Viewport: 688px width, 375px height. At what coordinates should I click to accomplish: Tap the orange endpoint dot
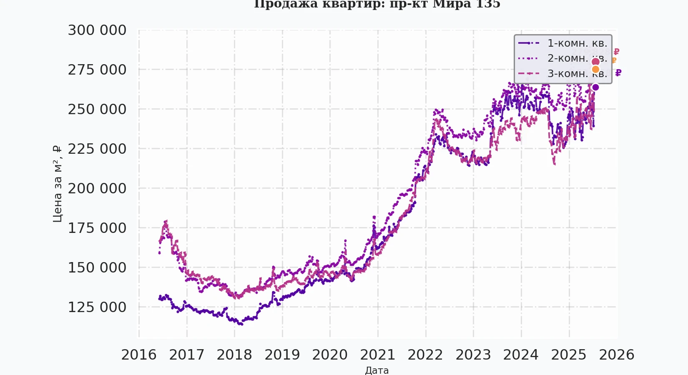click(x=595, y=69)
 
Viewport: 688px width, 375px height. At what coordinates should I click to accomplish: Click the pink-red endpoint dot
click(x=595, y=62)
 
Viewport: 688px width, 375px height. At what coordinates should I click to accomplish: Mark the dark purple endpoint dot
click(x=595, y=87)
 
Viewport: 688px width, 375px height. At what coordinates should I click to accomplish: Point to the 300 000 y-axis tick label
click(x=97, y=30)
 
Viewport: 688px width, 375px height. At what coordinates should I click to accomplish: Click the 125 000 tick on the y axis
click(x=97, y=307)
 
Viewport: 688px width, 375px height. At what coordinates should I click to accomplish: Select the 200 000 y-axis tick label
click(x=97, y=188)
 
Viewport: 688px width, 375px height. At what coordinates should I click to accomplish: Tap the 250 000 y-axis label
click(x=97, y=109)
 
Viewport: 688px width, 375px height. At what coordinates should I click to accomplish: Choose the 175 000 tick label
click(x=97, y=228)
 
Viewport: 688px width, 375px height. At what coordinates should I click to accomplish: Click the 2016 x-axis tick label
click(x=139, y=355)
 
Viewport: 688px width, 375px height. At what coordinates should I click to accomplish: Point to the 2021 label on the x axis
click(x=378, y=355)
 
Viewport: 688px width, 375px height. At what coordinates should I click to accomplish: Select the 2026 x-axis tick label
click(x=617, y=355)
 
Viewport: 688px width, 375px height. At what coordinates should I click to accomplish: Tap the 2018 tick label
click(x=234, y=355)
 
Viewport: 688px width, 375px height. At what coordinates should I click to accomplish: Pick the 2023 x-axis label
click(x=473, y=355)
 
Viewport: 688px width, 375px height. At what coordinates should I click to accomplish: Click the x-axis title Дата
click(x=377, y=370)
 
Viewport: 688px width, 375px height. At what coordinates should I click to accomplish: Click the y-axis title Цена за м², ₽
click(x=57, y=184)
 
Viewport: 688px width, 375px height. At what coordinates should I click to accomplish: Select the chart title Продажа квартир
click(x=377, y=4)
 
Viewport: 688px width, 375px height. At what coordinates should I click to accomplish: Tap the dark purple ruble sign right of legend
click(x=618, y=73)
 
